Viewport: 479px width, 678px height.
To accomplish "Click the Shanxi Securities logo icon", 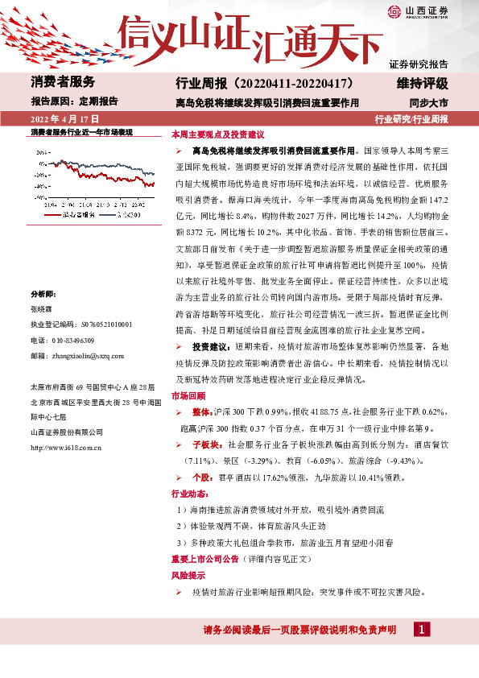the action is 394,11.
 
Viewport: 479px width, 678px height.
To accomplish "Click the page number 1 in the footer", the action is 420,629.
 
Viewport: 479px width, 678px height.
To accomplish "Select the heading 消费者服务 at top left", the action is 63,82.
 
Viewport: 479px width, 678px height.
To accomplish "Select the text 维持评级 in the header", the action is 422,83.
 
